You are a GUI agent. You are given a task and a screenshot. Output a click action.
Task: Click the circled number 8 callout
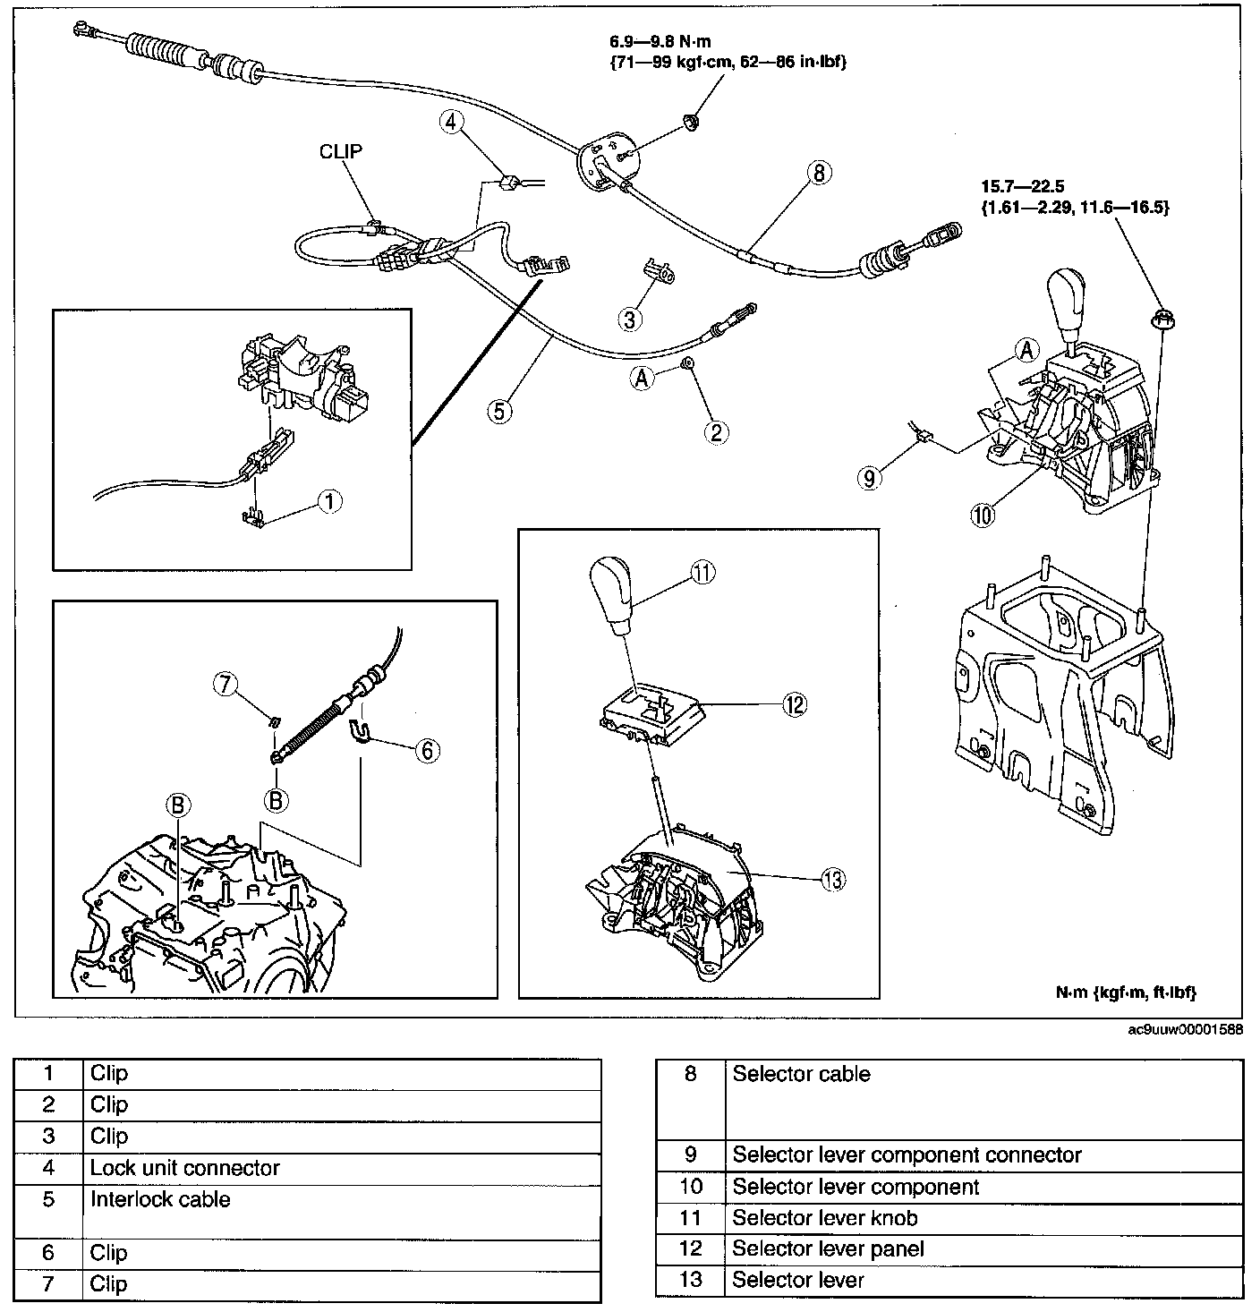[818, 173]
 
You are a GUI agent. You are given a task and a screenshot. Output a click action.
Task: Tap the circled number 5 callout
[500, 411]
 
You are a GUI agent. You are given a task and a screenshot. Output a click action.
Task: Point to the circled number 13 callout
[832, 880]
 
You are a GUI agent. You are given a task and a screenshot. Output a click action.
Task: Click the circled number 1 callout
[329, 502]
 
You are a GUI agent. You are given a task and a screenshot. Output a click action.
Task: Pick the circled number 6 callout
[427, 750]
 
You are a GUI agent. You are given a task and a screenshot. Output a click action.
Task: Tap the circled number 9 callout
[868, 478]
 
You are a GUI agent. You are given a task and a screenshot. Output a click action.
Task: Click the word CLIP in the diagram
[341, 151]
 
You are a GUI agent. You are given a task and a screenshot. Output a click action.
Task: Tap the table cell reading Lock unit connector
[184, 1168]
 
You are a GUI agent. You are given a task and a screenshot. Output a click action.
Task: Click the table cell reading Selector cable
[801, 1074]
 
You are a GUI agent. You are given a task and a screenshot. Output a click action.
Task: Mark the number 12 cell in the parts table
[690, 1248]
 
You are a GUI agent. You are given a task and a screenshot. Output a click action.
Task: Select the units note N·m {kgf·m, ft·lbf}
[1126, 993]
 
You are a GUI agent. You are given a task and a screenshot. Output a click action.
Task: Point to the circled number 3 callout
[632, 317]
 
